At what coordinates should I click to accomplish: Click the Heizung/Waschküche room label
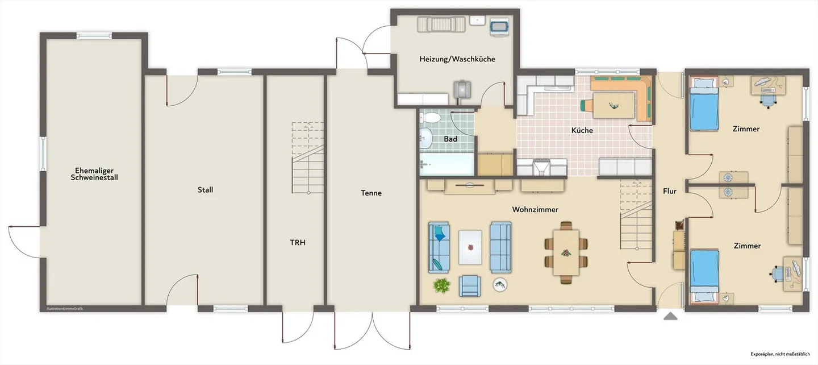point(457,59)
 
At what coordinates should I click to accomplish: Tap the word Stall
point(205,190)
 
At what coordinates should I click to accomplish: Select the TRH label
point(298,242)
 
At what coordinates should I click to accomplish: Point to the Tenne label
point(371,193)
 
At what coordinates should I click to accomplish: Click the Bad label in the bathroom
point(450,139)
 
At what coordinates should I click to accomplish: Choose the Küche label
point(582,130)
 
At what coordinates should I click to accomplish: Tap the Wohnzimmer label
point(535,209)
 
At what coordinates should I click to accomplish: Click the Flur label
point(670,191)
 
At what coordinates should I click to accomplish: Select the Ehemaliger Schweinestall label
point(94,174)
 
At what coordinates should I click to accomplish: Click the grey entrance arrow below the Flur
point(670,317)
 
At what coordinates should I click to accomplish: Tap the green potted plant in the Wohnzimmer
point(441,285)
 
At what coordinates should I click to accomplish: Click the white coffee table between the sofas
point(470,247)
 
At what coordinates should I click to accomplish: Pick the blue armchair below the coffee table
point(470,286)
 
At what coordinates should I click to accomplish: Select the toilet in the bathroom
point(430,118)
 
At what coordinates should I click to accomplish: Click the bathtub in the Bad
point(446,164)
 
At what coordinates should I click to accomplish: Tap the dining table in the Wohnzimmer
point(566,252)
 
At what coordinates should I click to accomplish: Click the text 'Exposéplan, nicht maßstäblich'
point(780,354)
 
